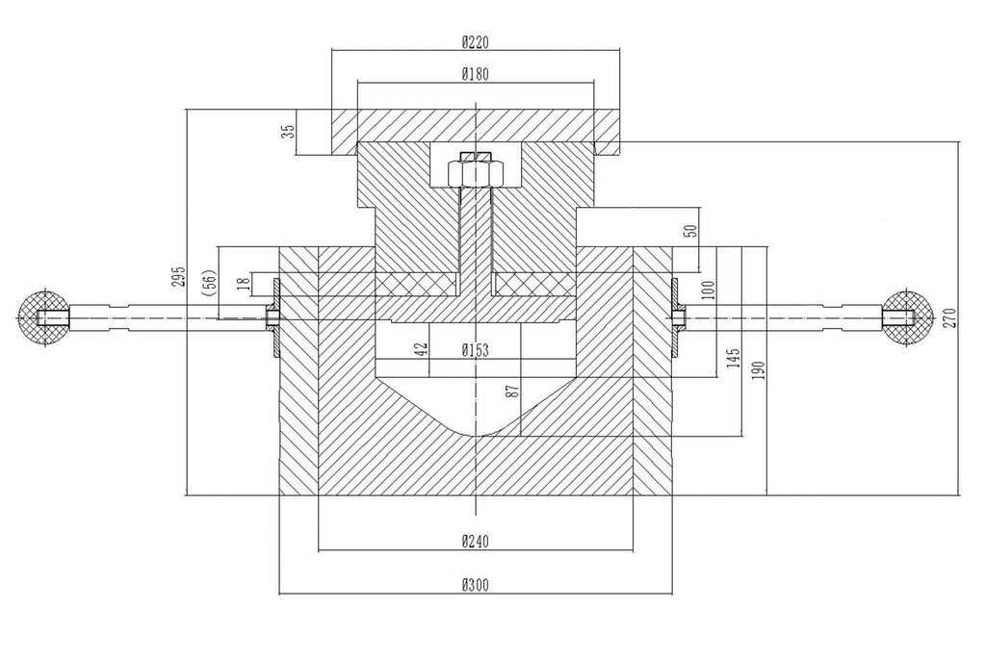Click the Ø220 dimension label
(476, 41)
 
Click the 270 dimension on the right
(949, 317)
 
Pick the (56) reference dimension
(209, 282)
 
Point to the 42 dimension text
(420, 350)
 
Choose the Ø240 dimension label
(476, 541)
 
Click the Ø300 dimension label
(476, 584)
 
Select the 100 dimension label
(709, 290)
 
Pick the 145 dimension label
(735, 358)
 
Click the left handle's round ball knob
(42, 316)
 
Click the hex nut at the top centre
(475, 171)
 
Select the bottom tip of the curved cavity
(476, 438)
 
